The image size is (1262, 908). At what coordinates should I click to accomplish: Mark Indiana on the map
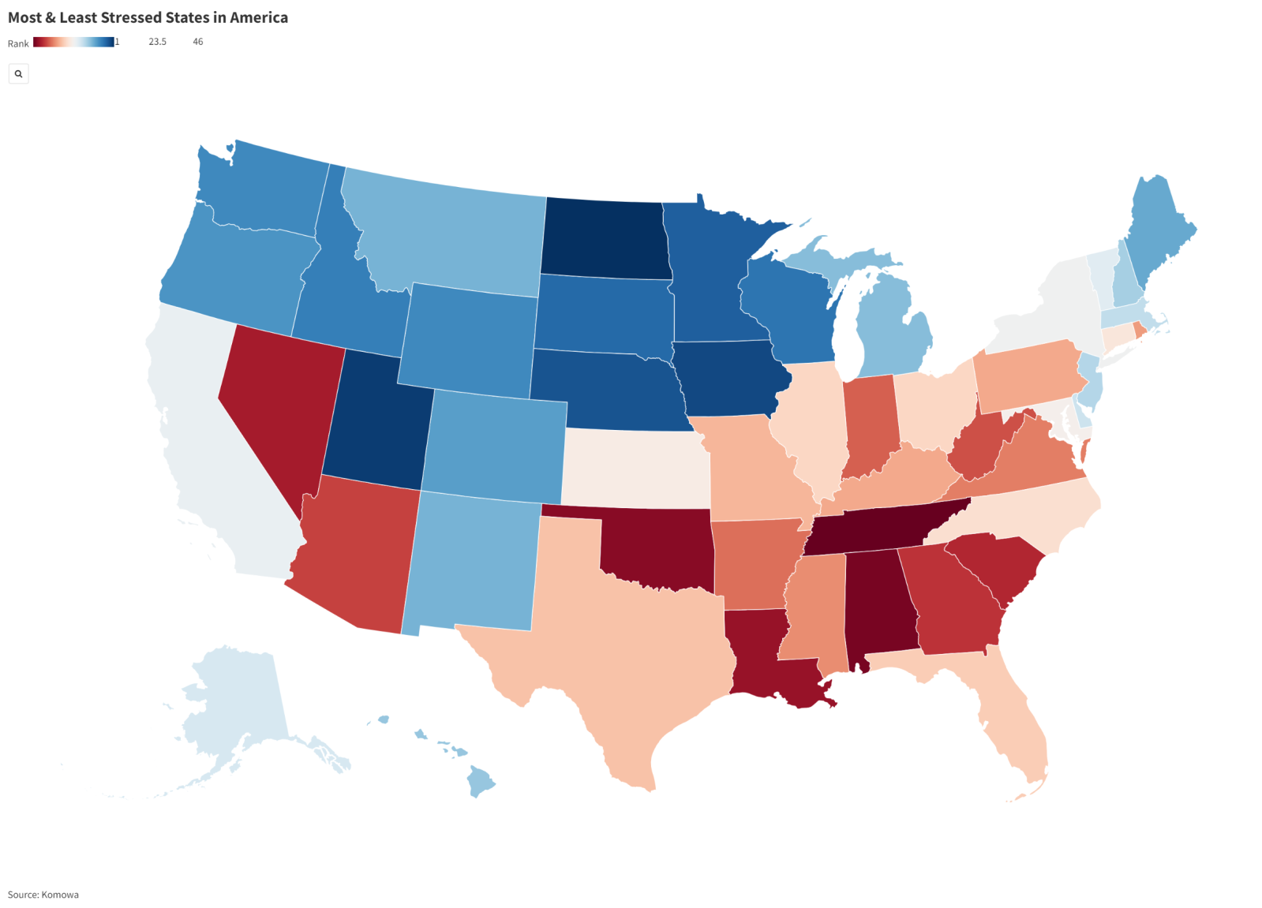pyautogui.click(x=872, y=426)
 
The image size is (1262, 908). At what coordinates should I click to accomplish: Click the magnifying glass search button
pyautogui.click(x=18, y=73)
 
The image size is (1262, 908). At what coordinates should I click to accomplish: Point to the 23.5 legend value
pyautogui.click(x=157, y=42)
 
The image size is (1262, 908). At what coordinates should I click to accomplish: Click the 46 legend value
pyautogui.click(x=198, y=42)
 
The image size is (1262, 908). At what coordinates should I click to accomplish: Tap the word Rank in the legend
pyautogui.click(x=18, y=43)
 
